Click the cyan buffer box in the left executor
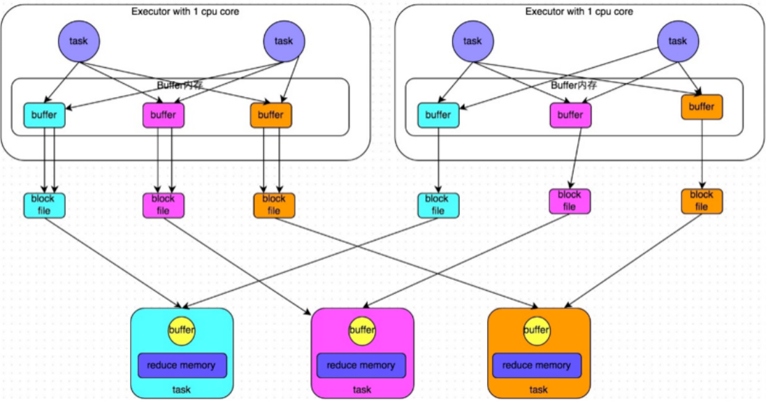click(x=45, y=115)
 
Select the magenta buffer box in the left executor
click(x=163, y=115)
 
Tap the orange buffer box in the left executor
click(x=271, y=115)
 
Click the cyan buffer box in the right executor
click(x=439, y=115)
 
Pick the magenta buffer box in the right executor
click(x=570, y=115)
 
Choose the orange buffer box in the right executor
click(x=702, y=107)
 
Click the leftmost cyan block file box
click(x=45, y=205)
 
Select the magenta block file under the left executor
click(x=164, y=205)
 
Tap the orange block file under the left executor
click(x=274, y=205)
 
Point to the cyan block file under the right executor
click(x=438, y=205)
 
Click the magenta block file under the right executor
click(x=570, y=201)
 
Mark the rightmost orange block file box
click(x=702, y=201)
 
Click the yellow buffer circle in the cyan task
click(x=182, y=330)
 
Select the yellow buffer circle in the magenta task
click(x=363, y=330)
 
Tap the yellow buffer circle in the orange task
click(x=536, y=330)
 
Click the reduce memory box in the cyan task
click(x=182, y=366)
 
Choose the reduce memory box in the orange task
click(x=537, y=366)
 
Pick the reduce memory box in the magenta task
click(x=361, y=366)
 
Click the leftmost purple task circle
click(x=79, y=41)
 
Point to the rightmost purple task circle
click(x=678, y=41)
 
